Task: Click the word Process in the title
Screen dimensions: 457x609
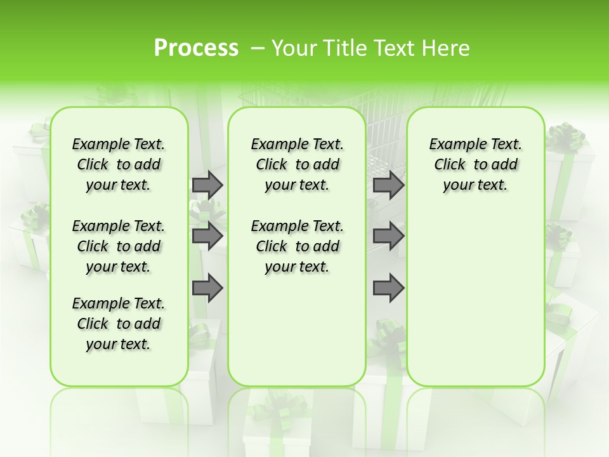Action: click(196, 48)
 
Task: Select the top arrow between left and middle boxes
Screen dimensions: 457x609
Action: click(207, 185)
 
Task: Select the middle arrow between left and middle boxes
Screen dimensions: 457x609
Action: click(207, 236)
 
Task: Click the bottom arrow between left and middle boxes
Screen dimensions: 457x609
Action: click(207, 288)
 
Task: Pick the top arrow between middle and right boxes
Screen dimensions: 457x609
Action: click(388, 185)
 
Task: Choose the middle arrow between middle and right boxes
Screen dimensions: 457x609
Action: click(388, 236)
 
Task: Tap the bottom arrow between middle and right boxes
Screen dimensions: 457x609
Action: click(388, 288)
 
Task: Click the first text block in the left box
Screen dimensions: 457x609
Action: click(119, 164)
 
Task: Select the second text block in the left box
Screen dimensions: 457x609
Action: click(119, 246)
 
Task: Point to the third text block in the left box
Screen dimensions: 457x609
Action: click(119, 324)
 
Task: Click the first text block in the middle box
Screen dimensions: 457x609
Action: click(297, 164)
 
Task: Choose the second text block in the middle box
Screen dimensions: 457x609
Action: click(297, 246)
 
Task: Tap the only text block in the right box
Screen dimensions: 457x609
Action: click(475, 164)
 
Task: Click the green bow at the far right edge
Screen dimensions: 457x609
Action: click(566, 136)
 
